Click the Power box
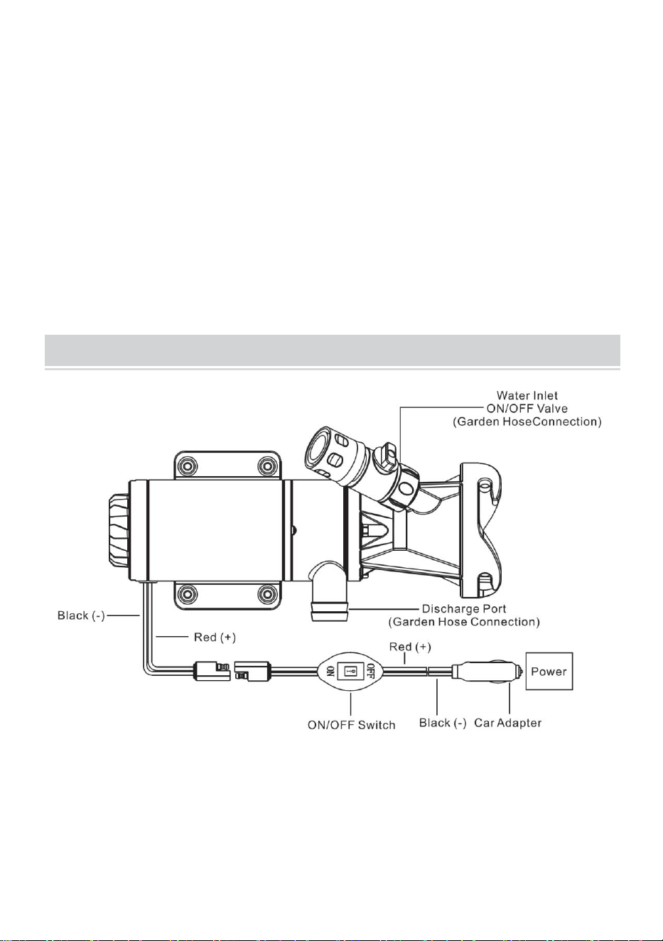549,671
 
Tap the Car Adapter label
507,723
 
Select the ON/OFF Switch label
352,725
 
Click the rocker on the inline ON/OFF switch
350,672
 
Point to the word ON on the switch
330,672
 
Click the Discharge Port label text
464,615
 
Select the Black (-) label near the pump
81,616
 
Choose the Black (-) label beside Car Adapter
443,723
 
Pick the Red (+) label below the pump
215,638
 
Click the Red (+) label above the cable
410,647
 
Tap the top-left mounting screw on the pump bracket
188,466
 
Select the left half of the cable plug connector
211,671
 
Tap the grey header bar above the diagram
333,350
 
